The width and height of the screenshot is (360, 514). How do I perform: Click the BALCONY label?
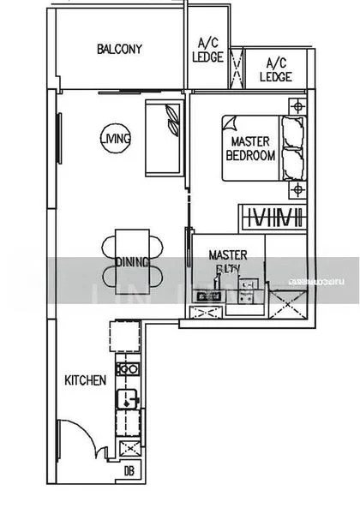click(x=119, y=49)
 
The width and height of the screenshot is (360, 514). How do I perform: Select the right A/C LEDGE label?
click(x=276, y=69)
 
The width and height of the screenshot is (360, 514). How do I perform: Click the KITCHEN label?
click(x=86, y=380)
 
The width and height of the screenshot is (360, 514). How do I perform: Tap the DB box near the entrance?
click(x=129, y=469)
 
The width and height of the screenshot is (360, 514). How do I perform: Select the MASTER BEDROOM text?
click(x=250, y=148)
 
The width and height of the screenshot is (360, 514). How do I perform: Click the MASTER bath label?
click(x=228, y=260)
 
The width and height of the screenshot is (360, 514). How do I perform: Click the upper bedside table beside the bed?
click(x=297, y=107)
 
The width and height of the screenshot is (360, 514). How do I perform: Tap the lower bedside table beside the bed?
click(x=297, y=188)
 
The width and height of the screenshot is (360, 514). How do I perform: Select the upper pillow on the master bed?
click(x=293, y=131)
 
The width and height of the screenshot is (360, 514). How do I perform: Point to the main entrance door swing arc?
click(x=81, y=437)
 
